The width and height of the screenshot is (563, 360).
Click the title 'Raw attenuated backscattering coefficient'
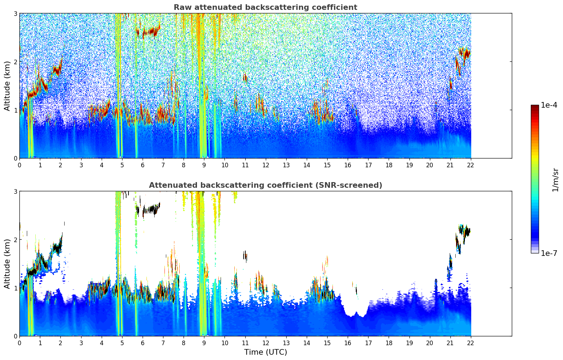(x=265, y=7)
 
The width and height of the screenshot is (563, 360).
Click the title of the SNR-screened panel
(x=265, y=185)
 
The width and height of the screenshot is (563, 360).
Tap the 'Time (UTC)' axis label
(x=265, y=352)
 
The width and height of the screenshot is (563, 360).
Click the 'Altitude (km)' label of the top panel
(x=7, y=86)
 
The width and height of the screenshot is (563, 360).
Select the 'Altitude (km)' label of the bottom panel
(x=7, y=264)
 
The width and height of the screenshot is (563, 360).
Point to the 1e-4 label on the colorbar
(x=549, y=105)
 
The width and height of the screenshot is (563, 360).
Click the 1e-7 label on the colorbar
(x=549, y=253)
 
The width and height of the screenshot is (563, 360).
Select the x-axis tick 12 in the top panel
(x=265, y=165)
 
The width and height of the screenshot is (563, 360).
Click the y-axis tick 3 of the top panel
(x=15, y=13)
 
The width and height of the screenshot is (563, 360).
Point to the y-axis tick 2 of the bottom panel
(x=15, y=240)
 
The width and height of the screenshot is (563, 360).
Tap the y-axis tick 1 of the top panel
(x=15, y=110)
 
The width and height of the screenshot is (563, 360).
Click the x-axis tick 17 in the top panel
(x=368, y=165)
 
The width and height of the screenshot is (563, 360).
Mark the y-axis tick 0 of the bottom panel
(x=15, y=336)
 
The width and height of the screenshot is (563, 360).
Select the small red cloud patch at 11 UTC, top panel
(x=245, y=77)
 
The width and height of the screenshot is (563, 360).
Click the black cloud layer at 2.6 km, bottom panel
(x=150, y=209)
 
